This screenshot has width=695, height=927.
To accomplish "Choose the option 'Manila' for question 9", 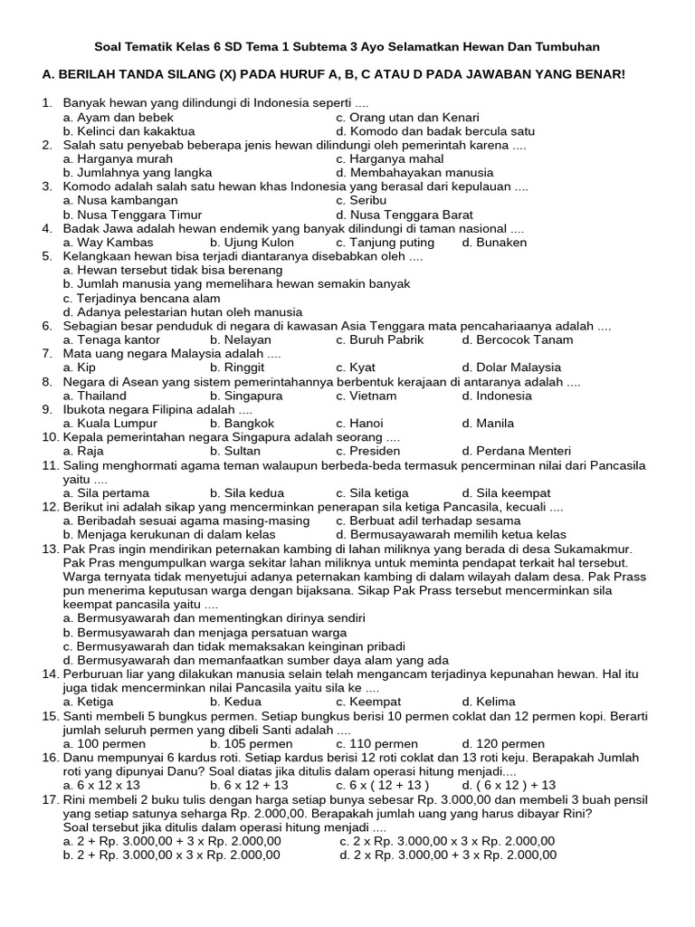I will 494,423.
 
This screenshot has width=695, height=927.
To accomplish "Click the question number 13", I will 51,549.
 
